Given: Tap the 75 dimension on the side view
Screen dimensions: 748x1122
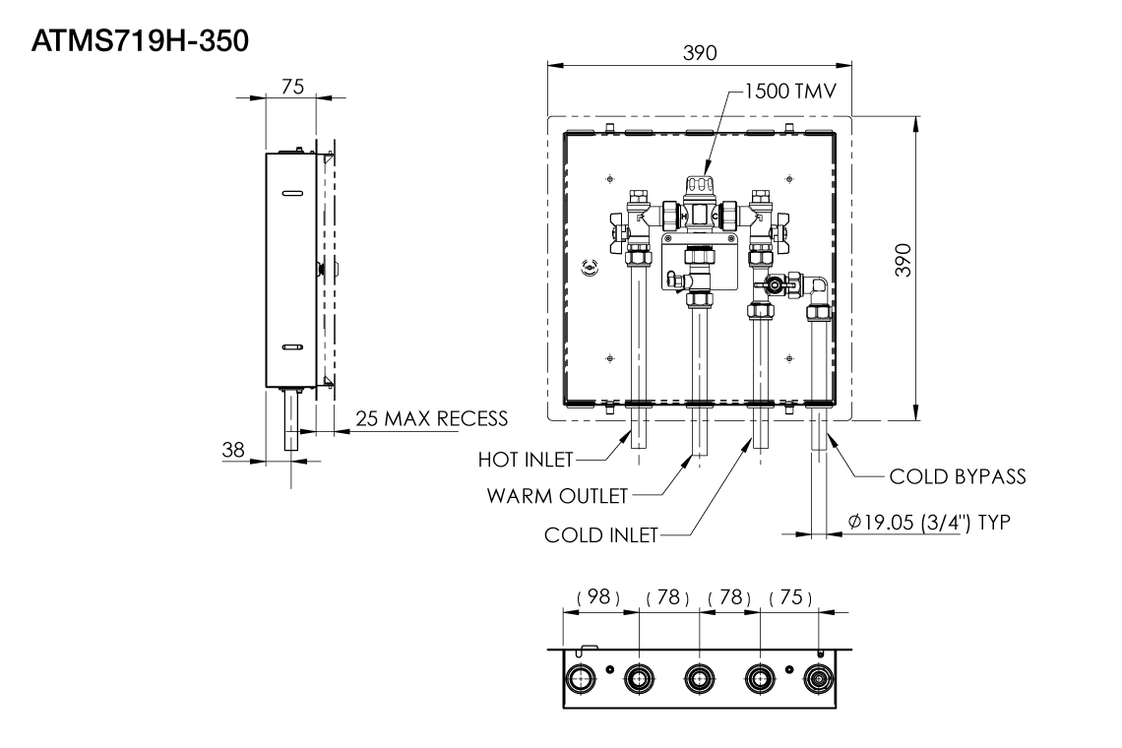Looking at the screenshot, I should coord(292,87).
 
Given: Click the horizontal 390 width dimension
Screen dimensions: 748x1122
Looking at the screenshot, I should coord(700,53).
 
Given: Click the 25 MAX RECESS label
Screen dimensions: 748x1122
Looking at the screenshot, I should coord(432,418).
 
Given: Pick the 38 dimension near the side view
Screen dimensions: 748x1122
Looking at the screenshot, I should coord(233,449).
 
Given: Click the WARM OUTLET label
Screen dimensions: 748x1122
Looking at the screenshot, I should coord(557,495).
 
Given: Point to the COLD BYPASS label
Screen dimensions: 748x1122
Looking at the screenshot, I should coord(958,476).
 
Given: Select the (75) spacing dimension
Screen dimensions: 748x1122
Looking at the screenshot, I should coord(790,598).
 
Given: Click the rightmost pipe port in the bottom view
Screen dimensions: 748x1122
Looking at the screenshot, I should coord(819,678).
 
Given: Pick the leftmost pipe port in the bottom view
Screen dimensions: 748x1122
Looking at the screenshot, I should coord(580,678).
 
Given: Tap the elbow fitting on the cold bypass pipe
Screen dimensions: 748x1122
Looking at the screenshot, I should coord(816,288).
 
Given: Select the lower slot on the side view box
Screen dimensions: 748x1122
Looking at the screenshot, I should coord(292,347).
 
